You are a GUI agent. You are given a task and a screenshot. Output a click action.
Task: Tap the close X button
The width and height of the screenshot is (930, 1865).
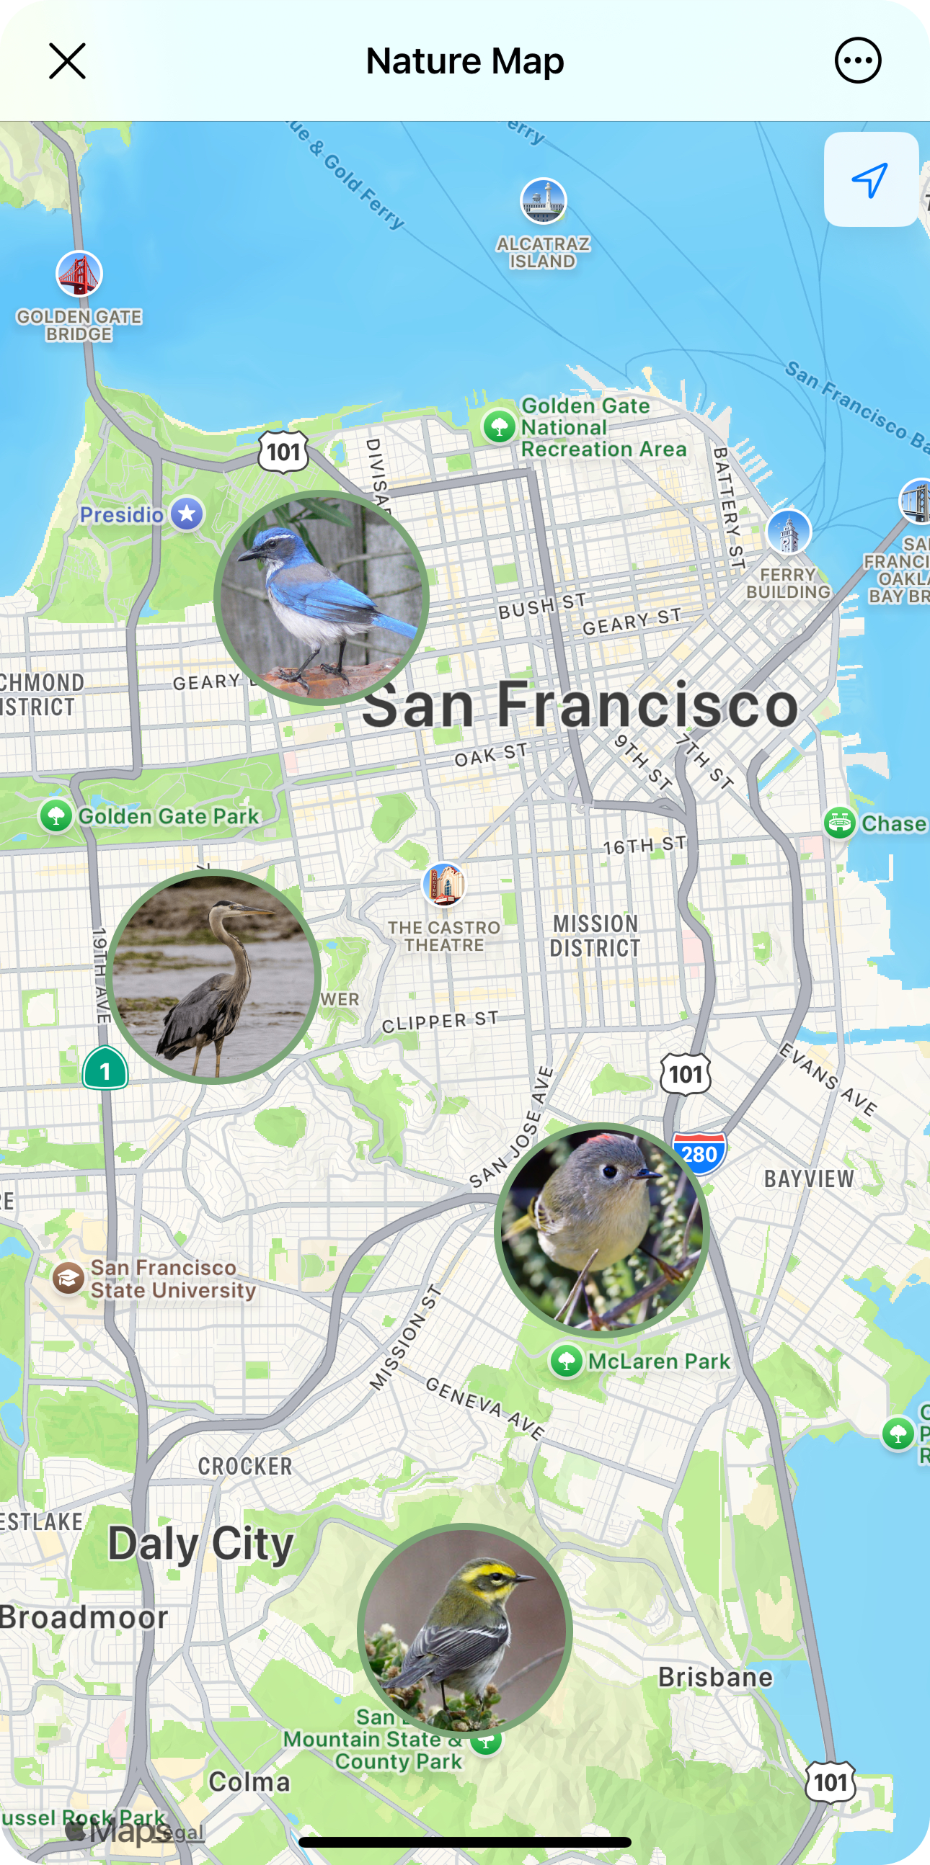pos(67,61)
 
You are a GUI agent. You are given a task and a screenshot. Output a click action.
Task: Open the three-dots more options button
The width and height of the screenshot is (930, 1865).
pos(858,61)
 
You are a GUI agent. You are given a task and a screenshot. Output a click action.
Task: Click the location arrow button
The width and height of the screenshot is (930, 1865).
pos(871,179)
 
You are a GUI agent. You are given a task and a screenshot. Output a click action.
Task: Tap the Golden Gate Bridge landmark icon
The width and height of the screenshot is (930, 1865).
pos(79,274)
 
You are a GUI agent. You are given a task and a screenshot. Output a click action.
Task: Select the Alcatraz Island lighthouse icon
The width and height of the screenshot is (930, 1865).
pos(544,200)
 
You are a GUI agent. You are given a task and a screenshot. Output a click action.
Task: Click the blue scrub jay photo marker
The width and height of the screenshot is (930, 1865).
pos(322,597)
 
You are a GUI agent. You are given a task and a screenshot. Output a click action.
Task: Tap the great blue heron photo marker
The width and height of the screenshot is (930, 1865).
pos(213,976)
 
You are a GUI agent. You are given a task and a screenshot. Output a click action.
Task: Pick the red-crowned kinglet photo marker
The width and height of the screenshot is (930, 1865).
pos(602,1230)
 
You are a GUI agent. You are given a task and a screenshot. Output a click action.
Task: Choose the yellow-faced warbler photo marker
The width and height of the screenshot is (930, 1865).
pos(465,1630)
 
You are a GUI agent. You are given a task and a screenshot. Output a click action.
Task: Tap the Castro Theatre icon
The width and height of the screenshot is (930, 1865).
pos(443,885)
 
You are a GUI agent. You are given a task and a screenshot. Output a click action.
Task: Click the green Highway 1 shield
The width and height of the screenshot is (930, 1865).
pos(105,1068)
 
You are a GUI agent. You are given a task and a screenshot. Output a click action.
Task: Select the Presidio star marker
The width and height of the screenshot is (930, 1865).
pos(187,514)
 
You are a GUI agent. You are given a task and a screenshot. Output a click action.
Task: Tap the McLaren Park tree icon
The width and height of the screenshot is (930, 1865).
pos(567,1361)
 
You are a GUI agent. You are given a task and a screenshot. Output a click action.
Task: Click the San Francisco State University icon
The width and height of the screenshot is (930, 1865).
pos(68,1279)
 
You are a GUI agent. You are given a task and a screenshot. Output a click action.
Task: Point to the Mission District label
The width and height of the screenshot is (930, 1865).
pos(595,936)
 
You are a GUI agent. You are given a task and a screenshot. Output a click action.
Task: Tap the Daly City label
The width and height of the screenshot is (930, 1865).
pos(200,1544)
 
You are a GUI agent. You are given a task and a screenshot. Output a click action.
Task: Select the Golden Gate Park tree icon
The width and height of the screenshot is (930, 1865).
pos(56,817)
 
